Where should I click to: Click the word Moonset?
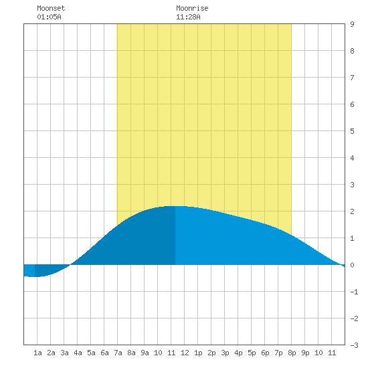51,8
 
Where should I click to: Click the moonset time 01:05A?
49,17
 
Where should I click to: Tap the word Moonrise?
192,8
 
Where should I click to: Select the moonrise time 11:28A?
188,17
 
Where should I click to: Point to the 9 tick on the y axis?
352,24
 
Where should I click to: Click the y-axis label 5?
352,131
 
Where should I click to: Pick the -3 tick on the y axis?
354,345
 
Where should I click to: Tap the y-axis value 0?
352,265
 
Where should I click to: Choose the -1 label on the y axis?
354,292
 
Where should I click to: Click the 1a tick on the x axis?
37,353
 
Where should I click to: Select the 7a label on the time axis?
118,353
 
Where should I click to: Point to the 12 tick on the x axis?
185,353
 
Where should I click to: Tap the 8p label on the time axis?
292,353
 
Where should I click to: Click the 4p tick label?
238,353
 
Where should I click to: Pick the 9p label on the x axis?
305,353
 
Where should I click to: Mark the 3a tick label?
64,353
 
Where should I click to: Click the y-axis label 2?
352,211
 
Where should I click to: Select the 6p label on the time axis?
265,353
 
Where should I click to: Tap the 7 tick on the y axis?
352,78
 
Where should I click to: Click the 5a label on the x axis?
91,353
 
